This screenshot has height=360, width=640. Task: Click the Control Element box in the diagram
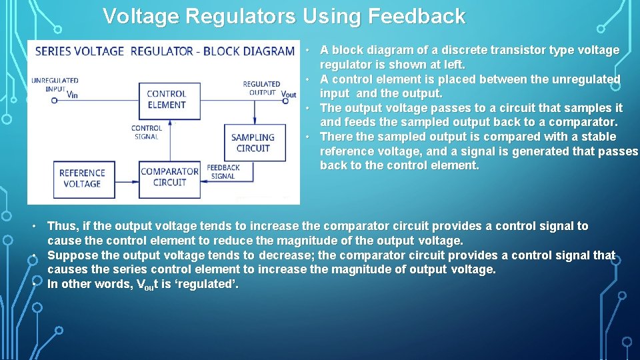click(x=167, y=99)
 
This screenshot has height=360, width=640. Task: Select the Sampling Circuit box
click(x=253, y=143)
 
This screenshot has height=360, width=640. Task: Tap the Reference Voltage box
click(x=82, y=179)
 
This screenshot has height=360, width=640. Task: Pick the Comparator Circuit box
click(x=169, y=177)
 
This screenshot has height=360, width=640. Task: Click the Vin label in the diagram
click(x=73, y=95)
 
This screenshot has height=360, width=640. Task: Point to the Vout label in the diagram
click(x=289, y=95)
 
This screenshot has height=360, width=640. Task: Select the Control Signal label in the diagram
click(x=147, y=132)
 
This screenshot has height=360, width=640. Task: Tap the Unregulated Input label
click(x=55, y=85)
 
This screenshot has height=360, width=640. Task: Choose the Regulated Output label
click(x=261, y=88)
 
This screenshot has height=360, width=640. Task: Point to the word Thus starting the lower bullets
click(x=62, y=226)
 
